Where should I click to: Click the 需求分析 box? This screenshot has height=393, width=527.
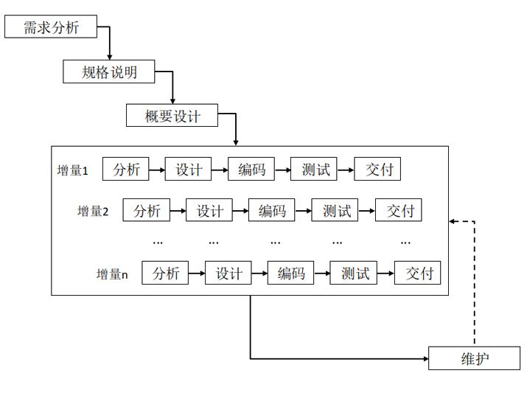tap(51, 28)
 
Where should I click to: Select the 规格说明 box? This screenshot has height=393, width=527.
tap(109, 72)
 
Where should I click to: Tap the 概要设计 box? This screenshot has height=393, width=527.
tap(172, 116)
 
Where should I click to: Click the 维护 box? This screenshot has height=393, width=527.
tap(475, 359)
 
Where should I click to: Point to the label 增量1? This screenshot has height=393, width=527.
tap(73, 170)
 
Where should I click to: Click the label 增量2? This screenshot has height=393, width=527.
tap(93, 212)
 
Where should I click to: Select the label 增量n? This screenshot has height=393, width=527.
tap(112, 274)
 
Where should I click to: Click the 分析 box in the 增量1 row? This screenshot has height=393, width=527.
tap(125, 170)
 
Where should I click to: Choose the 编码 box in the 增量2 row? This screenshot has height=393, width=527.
tap(272, 211)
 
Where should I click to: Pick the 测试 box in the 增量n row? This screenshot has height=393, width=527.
tap(355, 274)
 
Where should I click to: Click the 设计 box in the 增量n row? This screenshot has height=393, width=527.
tap(228, 274)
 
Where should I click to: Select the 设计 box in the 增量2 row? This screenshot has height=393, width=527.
tap(209, 211)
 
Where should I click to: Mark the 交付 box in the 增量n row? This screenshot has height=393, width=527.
tap(418, 274)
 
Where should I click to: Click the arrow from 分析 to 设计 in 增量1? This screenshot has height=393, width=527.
tap(157, 170)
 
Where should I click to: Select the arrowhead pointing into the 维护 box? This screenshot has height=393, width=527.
tap(425, 359)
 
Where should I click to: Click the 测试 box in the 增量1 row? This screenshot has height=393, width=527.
tap(315, 170)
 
